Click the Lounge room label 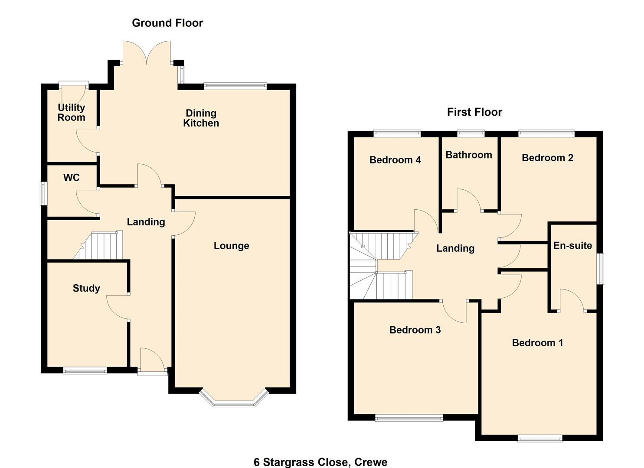pos(231,246)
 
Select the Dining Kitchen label pos(201,118)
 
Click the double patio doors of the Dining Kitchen pos(147,54)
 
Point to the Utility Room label pos(72,112)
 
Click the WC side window pos(43,193)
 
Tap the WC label pos(72,178)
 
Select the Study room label pos(86,288)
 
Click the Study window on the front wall pos(85,370)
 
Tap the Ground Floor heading pos(167,23)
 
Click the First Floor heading pos(474,112)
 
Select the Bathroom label pos(468,155)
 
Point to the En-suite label pos(572,246)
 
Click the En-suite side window pos(601,269)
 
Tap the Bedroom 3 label pos(415,330)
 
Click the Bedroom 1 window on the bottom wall pos(540,439)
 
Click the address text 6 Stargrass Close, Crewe pos(320,462)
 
